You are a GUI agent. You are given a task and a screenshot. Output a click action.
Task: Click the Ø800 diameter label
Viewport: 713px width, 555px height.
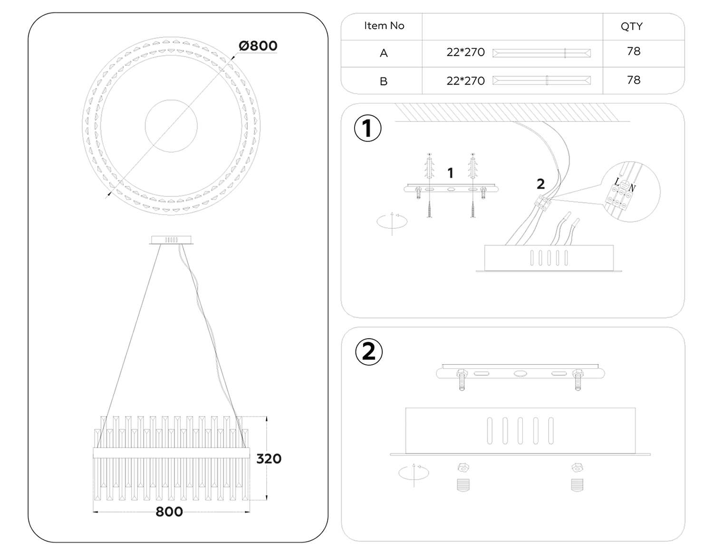point(258,46)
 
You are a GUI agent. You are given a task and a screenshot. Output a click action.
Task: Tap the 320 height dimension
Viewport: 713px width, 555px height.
point(269,459)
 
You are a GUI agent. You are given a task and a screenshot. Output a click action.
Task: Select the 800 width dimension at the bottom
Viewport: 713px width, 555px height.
point(169,512)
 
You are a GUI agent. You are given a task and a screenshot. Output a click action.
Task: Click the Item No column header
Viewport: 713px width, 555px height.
point(384,26)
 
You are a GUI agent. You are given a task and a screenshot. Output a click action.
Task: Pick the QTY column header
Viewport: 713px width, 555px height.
point(631,27)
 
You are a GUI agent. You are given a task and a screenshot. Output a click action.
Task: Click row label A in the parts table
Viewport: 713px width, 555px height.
point(384,53)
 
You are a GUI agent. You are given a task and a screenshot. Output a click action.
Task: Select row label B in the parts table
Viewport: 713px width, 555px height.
point(384,81)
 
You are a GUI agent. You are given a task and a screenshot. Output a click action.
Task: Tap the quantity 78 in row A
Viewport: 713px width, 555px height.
point(634,51)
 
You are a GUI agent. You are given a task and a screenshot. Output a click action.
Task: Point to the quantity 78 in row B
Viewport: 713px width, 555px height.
point(634,80)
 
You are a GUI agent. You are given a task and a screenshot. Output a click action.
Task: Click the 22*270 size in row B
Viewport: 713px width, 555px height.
point(465,81)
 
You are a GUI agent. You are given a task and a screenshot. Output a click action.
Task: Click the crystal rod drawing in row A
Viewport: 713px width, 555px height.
point(541,53)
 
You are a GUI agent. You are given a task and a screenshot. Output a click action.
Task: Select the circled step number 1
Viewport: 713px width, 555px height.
point(367,128)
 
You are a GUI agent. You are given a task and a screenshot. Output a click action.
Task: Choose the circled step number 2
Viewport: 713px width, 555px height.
point(369,352)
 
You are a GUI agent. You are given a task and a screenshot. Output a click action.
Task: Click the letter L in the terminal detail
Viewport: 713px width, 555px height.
point(617,182)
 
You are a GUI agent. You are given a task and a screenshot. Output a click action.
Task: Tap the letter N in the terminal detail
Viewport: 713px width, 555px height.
point(632,188)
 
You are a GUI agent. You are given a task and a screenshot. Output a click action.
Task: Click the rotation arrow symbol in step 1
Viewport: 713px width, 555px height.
point(392,222)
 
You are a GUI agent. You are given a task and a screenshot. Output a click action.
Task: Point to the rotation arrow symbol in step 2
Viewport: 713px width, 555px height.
point(414,473)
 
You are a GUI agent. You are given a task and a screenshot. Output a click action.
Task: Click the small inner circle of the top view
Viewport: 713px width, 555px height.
point(171,126)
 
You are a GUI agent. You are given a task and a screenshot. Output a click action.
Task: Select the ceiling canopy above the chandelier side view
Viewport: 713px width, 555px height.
point(171,240)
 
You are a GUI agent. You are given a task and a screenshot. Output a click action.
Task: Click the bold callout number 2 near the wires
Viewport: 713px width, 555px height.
point(540,184)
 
